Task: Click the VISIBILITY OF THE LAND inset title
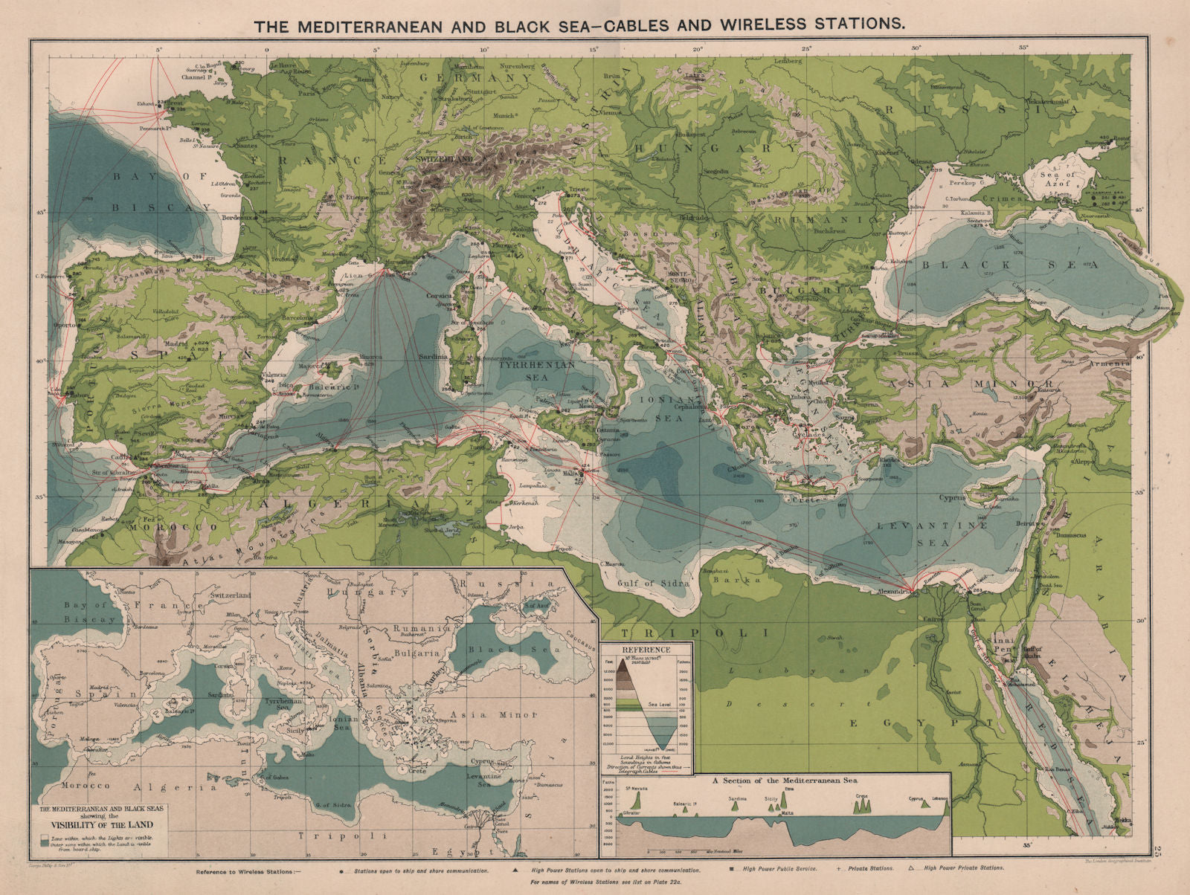click(x=97, y=824)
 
